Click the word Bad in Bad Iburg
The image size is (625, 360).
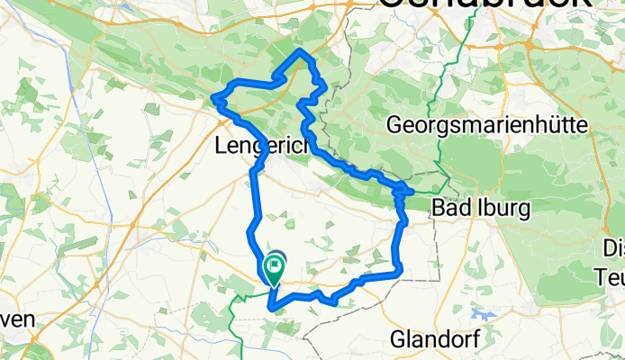[x=451, y=208]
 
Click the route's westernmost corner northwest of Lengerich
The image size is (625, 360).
[x=213, y=97]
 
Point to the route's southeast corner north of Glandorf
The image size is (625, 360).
[x=398, y=270]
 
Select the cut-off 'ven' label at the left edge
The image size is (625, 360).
[x=18, y=319]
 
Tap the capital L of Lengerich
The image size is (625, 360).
[x=222, y=145]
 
